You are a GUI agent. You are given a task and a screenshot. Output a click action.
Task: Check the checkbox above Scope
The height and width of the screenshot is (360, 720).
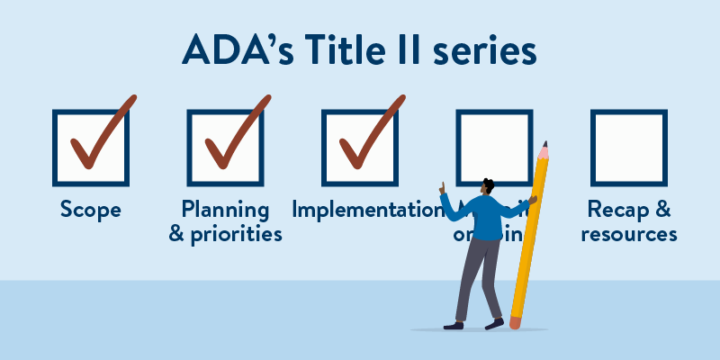(x=90, y=148)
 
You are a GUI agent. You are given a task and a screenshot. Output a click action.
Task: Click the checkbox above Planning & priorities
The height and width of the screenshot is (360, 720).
(x=225, y=148)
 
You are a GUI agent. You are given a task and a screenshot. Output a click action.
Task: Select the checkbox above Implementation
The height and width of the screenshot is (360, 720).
(x=359, y=148)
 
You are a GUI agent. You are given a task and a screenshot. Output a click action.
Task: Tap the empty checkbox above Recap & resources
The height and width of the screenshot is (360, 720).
(x=628, y=148)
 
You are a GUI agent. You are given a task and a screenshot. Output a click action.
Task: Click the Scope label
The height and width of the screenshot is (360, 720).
(x=90, y=211)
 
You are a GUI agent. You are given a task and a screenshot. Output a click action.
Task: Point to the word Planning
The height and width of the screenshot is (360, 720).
(x=225, y=210)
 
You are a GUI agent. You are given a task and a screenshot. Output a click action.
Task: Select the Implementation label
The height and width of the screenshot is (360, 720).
(x=364, y=211)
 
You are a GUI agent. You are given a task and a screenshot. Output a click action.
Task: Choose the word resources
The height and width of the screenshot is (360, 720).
(x=629, y=234)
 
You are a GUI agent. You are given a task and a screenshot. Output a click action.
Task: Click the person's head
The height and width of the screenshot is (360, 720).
(x=487, y=186)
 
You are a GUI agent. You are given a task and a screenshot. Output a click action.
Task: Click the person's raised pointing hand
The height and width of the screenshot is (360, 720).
(x=442, y=188)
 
